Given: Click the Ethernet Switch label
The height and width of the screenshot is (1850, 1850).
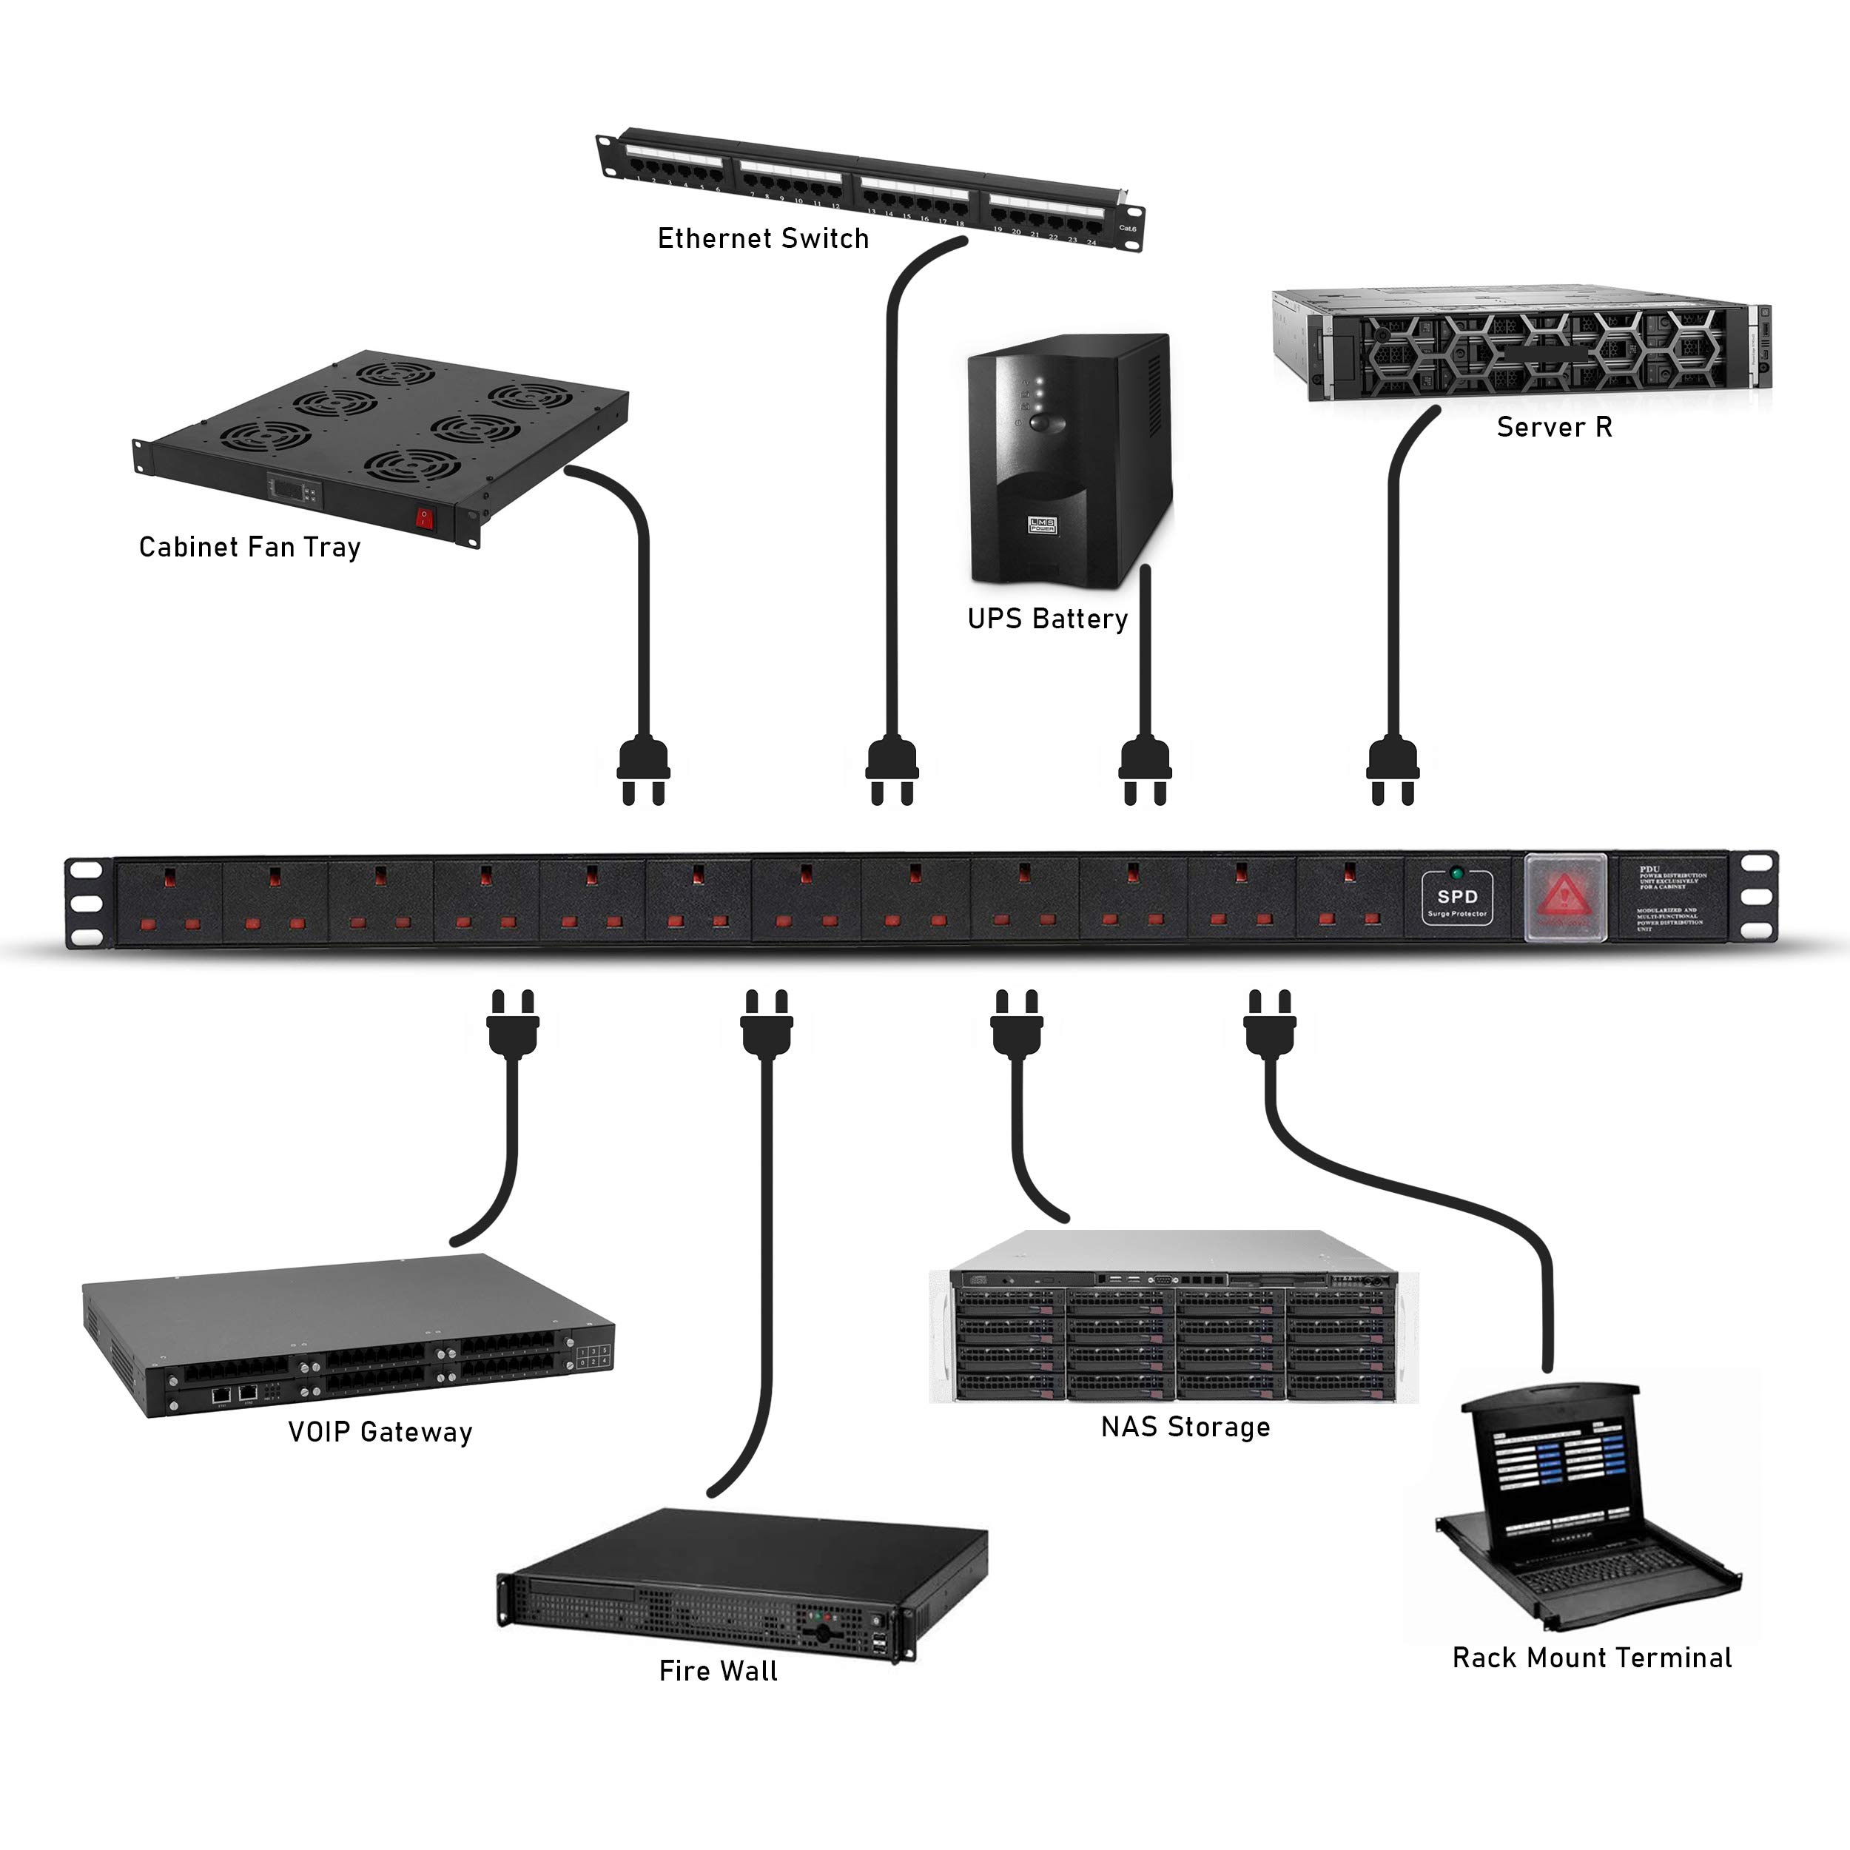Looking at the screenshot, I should pos(763,238).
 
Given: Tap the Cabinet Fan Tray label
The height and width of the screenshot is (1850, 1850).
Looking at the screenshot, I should pos(250,547).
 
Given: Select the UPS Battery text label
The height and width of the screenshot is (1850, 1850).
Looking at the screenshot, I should pos(1048,619).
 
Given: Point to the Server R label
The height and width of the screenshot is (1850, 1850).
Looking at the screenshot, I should pos(1554,427).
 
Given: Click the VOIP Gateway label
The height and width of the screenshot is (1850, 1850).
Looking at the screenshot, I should pos(380,1432).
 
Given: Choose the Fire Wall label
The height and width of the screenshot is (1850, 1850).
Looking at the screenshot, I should pos(718,1672).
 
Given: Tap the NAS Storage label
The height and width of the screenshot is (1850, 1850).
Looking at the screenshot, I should pos(1185,1427).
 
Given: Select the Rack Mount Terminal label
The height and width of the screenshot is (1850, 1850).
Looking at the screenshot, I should pos(1592,1658).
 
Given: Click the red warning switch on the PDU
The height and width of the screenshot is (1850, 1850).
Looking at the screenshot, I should pos(1564,897).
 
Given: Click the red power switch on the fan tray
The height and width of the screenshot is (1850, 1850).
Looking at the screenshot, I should pos(424,519).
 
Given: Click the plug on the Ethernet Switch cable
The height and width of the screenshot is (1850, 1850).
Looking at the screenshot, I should pos(892,771).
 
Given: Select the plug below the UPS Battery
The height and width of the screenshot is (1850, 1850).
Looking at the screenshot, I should pos(1146,771).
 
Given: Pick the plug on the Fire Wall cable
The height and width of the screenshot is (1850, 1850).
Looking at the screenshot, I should pos(766,1023).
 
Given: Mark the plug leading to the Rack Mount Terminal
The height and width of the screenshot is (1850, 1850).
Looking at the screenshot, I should pos(1270,1023).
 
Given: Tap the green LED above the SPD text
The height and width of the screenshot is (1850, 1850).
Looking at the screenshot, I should pos(1456,873).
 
